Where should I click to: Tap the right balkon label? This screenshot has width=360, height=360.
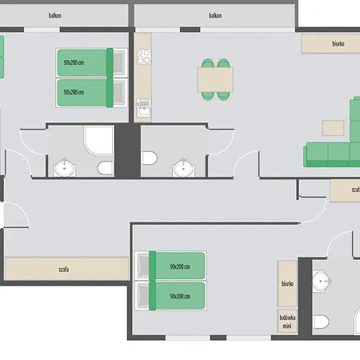(214, 15)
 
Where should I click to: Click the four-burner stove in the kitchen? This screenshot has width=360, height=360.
(144, 58)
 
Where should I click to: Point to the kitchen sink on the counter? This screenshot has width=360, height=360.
(144, 104)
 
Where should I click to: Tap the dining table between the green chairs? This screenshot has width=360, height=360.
(214, 78)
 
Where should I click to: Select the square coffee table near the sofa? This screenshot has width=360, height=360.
(331, 127)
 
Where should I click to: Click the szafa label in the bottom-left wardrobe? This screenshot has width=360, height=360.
(63, 269)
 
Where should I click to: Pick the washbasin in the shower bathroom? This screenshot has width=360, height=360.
(64, 168)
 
